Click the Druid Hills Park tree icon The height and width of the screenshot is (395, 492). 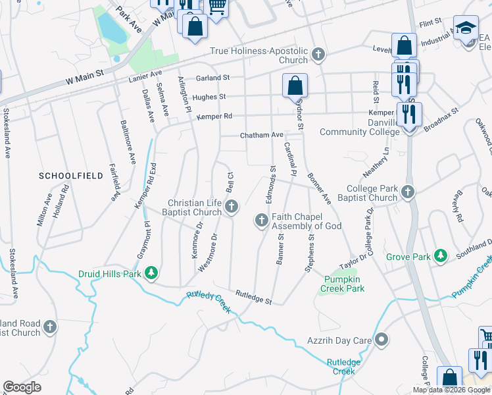(x=152, y=272)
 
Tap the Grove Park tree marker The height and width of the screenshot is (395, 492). (x=441, y=255)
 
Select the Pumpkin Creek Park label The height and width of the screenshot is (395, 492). (x=343, y=284)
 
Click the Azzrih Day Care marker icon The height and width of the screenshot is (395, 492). (x=382, y=340)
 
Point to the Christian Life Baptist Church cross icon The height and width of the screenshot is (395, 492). (x=231, y=207)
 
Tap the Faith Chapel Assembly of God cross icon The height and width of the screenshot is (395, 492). (x=261, y=221)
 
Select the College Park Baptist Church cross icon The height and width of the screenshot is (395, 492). (x=408, y=192)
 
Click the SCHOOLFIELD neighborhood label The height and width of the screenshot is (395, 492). (x=71, y=176)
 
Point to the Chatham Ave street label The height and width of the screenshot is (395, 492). (x=261, y=135)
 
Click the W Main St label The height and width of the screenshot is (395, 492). (x=86, y=78)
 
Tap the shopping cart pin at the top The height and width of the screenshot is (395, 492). (x=216, y=7)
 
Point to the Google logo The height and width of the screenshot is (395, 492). (x=22, y=387)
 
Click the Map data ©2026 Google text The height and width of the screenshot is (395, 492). (x=451, y=390)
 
